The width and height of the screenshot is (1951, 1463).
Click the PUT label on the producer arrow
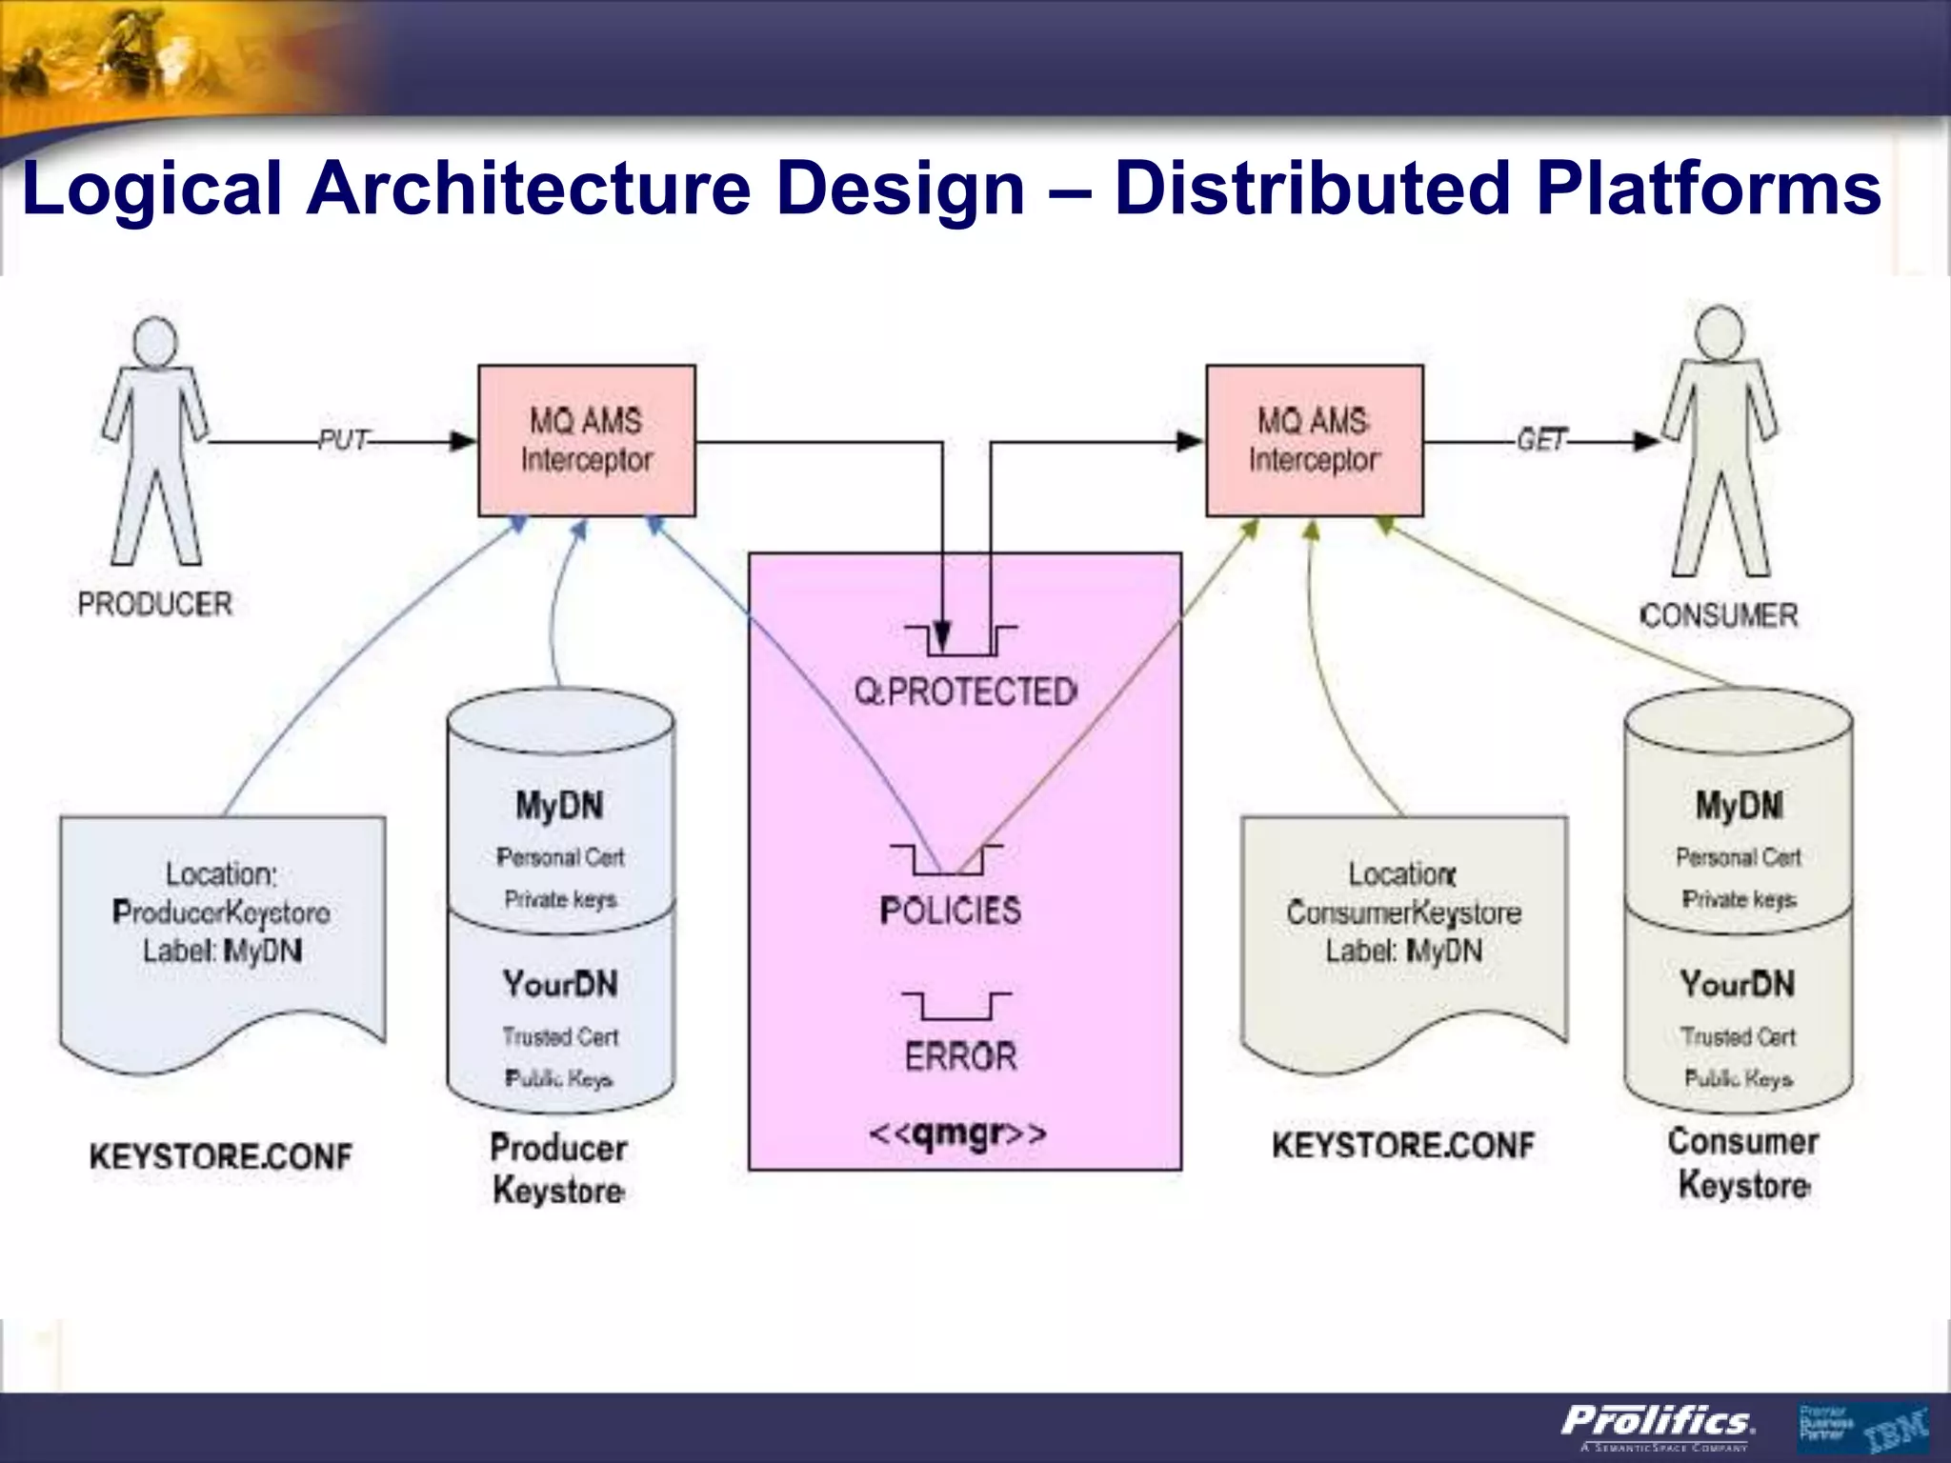343,440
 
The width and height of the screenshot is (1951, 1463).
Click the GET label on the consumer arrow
1541,439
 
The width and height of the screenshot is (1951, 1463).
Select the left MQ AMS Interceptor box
586,441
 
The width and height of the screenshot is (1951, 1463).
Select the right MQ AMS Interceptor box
1314,441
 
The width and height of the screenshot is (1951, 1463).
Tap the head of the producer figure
155,341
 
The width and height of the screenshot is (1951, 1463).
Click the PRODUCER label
154,604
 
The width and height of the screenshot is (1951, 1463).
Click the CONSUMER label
1719,615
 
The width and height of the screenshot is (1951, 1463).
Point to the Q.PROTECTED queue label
965,691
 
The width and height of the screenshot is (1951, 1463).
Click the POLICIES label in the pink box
950,911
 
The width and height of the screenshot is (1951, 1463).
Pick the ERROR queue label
960,1056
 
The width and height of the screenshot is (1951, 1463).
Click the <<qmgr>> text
957,1133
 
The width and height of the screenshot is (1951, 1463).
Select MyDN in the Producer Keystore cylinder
559,806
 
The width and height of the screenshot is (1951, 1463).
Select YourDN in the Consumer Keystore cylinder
1737,984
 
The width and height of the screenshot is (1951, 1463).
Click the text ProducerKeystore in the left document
221,912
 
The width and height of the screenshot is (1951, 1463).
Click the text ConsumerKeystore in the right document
1403,912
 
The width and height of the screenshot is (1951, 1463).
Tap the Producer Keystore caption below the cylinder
558,1169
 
